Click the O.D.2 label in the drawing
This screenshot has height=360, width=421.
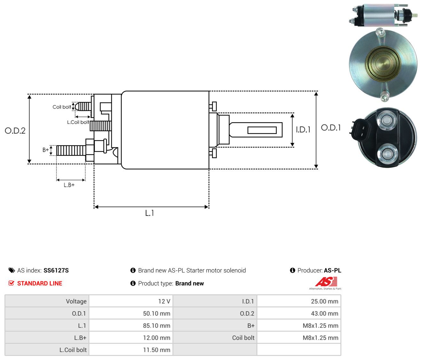coord(15,131)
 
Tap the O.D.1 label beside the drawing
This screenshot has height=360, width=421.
coord(331,128)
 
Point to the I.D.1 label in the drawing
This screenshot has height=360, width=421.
coord(303,130)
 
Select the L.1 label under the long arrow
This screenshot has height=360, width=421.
coord(149,213)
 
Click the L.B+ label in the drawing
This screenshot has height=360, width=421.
coord(69,185)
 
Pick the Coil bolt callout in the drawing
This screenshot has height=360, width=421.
coord(62,107)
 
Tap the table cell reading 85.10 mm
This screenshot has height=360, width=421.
coord(156,325)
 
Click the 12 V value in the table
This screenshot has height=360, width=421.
coord(164,301)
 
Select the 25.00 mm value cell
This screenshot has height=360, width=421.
coord(324,301)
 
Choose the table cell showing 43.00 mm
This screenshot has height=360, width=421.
coord(324,314)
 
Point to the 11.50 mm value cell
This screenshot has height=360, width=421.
coord(156,350)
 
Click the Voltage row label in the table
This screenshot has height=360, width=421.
coord(76,301)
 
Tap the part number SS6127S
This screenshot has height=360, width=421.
coord(56,270)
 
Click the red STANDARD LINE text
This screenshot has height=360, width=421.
coord(40,283)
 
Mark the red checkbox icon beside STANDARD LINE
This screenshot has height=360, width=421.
coord(12,283)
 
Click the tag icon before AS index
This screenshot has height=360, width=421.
coord(12,270)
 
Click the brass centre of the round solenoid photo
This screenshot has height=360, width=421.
coord(383,63)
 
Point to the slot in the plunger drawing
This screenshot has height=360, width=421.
coord(262,130)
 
